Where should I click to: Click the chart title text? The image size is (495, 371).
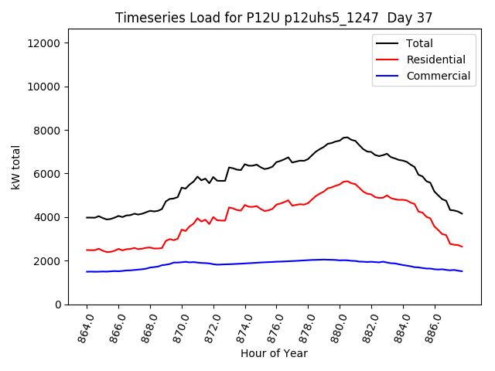(274, 17)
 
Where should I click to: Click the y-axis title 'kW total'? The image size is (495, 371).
(16, 168)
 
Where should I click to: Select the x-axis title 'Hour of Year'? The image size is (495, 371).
(274, 353)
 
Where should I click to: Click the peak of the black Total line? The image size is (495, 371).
(346, 138)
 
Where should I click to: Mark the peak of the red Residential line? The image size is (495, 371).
(346, 181)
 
